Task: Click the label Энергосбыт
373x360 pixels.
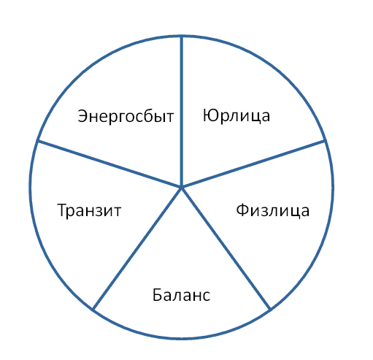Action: [x=126, y=116]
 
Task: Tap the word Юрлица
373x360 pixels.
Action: [x=237, y=116]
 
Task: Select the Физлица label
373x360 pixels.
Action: [x=273, y=210]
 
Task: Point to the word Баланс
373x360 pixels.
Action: [x=181, y=295]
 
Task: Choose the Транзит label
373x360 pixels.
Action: [x=89, y=210]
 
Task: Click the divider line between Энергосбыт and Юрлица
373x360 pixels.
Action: [x=181, y=112]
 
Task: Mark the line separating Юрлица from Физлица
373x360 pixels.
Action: [x=253, y=164]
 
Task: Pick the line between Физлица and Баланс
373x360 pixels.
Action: [x=226, y=248]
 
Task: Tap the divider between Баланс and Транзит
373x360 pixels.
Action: [x=137, y=248]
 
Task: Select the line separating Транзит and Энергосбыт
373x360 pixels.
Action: [x=109, y=164]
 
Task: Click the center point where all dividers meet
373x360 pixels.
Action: [x=181, y=187]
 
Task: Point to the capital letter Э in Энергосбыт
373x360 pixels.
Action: [x=82, y=116]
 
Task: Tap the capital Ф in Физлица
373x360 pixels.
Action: [x=242, y=210]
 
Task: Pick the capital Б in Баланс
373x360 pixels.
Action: [x=157, y=294]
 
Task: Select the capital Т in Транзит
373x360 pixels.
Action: [x=62, y=210]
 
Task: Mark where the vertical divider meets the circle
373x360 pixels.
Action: [x=181, y=37]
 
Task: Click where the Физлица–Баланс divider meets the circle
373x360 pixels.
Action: [x=270, y=310]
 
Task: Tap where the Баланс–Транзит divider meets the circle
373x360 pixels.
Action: [x=93, y=310]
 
